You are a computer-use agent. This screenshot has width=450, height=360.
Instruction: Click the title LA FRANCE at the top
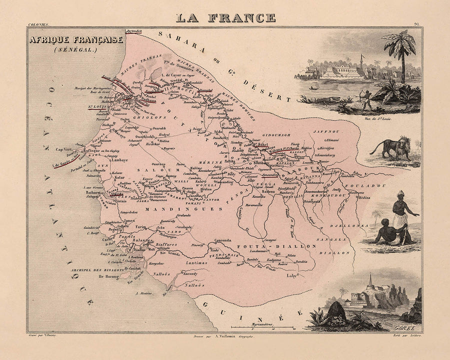(225, 17)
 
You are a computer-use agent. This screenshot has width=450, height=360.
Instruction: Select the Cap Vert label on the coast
(65, 148)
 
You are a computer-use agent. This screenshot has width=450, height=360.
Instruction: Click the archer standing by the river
(367, 100)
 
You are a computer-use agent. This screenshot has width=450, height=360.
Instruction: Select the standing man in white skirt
(401, 210)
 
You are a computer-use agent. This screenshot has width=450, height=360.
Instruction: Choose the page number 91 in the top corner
(417, 23)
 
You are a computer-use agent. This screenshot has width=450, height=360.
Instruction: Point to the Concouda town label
(223, 240)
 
